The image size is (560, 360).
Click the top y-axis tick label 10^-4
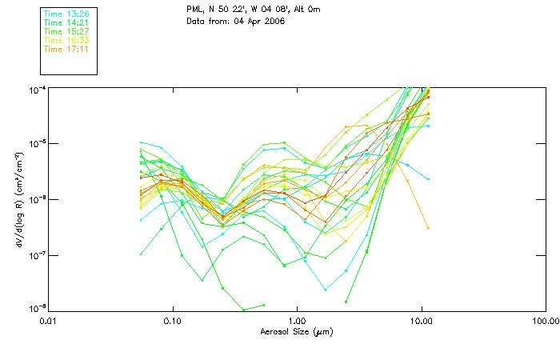click(x=37, y=89)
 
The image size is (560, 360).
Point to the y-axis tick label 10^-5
click(x=37, y=144)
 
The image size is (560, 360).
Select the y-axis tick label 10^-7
click(x=37, y=255)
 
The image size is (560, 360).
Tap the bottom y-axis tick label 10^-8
click(x=37, y=309)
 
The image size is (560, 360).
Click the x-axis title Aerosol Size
click(x=296, y=331)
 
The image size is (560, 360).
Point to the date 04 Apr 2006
click(x=258, y=21)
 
